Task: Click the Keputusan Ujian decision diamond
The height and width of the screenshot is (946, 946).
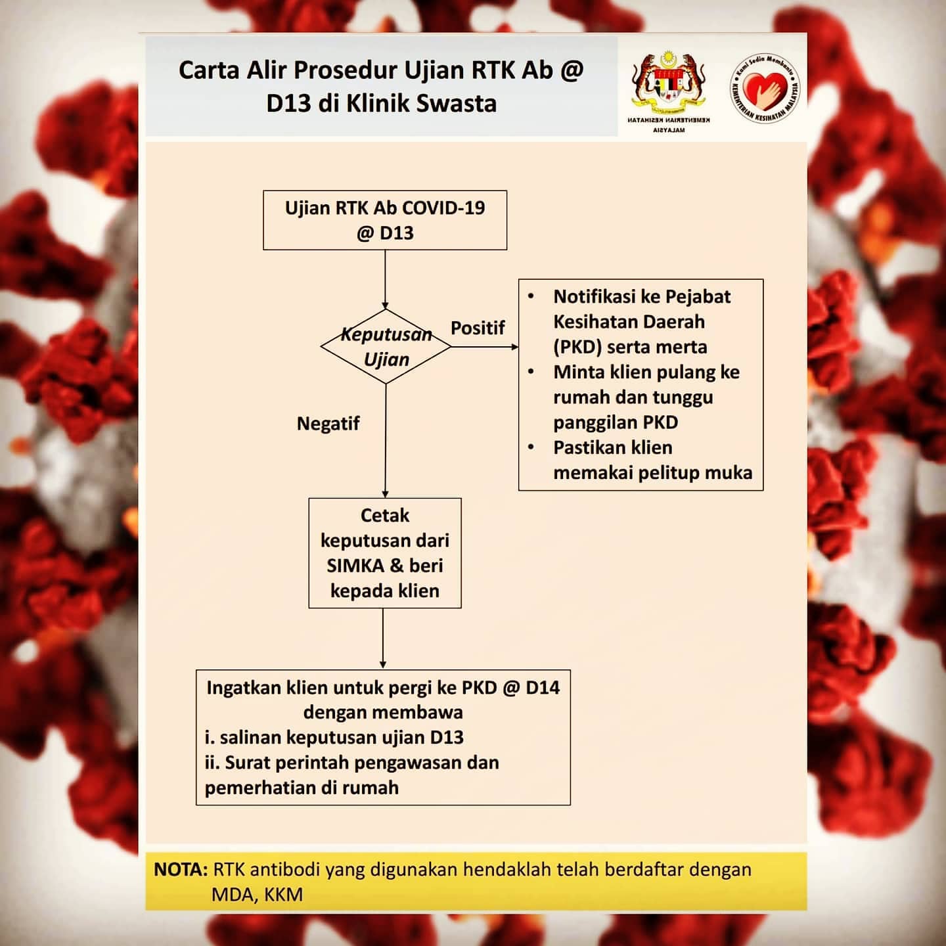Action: pyautogui.click(x=386, y=346)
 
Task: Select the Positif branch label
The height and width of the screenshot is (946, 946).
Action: pyautogui.click(x=478, y=327)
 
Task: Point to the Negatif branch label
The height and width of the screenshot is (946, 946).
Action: pyautogui.click(x=328, y=423)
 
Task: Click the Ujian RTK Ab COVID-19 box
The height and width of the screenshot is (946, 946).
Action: pyautogui.click(x=385, y=220)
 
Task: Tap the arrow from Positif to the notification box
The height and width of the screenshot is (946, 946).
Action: pyautogui.click(x=485, y=347)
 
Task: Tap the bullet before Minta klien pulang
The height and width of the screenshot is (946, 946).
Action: pyautogui.click(x=531, y=372)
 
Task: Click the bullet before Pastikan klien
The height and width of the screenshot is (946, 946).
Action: pyautogui.click(x=531, y=447)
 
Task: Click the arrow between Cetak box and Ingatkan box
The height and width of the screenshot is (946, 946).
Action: pyautogui.click(x=383, y=639)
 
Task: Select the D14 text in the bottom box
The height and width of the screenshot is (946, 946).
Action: pyautogui.click(x=543, y=688)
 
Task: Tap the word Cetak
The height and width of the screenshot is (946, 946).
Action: pyautogui.click(x=385, y=516)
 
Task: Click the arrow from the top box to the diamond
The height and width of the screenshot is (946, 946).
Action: pyautogui.click(x=386, y=279)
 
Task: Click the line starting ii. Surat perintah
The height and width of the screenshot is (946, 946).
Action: pyautogui.click(x=351, y=763)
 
